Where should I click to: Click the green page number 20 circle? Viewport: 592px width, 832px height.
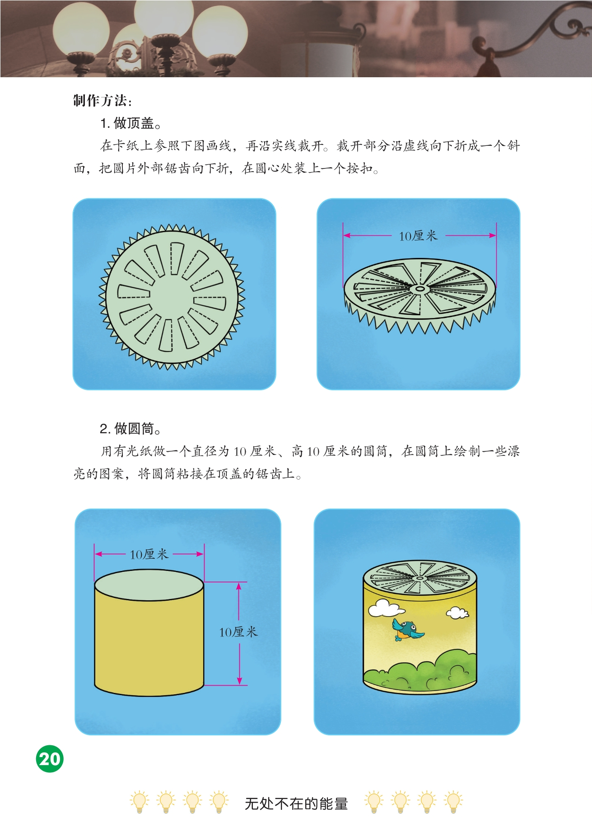coord(50,758)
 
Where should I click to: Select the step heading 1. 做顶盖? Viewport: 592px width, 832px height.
coord(131,123)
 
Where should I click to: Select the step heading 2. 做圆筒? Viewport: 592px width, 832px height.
coord(131,428)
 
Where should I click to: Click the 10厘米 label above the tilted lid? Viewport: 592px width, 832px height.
coord(418,235)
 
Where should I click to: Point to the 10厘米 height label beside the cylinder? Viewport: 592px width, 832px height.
coord(238,631)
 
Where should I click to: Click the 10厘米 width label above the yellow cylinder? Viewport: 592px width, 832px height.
coord(149,554)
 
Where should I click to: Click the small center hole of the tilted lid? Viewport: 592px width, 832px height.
coord(420,288)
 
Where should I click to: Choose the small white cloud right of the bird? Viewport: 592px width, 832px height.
coord(457,612)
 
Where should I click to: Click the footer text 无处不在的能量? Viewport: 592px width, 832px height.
coord(296,804)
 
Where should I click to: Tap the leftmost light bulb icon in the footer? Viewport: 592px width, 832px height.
coord(139,802)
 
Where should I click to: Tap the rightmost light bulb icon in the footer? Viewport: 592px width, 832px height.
coord(453,802)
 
